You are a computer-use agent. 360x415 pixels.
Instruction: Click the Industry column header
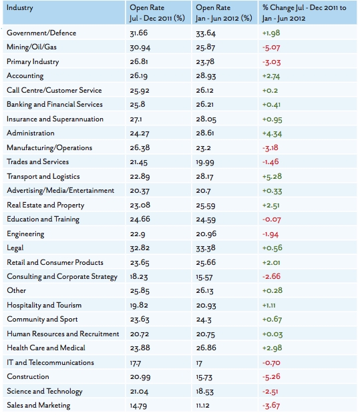pos(20,8)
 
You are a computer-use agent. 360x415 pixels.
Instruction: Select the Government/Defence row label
pos(41,33)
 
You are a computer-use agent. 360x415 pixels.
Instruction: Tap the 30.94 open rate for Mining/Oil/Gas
pos(140,47)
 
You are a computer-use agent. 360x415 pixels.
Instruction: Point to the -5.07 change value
pos(271,47)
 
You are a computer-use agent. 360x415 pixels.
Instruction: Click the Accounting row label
pos(25,76)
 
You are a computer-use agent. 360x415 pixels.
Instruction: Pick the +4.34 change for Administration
pos(272,133)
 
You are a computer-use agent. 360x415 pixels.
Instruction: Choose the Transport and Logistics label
pos(43,177)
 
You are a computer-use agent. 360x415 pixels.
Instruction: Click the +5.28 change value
pos(272,177)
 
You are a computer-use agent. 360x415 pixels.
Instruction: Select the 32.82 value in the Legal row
pos(140,248)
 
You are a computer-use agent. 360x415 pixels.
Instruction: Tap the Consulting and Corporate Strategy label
pos(62,277)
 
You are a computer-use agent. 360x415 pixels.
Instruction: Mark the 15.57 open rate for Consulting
pos(204,277)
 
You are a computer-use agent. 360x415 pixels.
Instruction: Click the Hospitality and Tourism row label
pos(44,305)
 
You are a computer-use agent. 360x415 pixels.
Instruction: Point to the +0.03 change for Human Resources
pos(273,334)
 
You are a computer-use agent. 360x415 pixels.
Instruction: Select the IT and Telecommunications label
pos(50,362)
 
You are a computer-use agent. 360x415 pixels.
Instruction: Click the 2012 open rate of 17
pos(199,363)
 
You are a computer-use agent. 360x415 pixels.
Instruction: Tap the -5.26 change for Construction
pos(271,377)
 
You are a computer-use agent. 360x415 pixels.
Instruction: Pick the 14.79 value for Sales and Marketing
pos(138,406)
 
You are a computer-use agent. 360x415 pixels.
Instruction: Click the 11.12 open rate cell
pos(202,406)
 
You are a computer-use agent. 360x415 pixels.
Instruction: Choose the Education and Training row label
pos(43,220)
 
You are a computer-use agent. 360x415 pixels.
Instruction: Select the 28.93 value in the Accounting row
pos(206,76)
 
